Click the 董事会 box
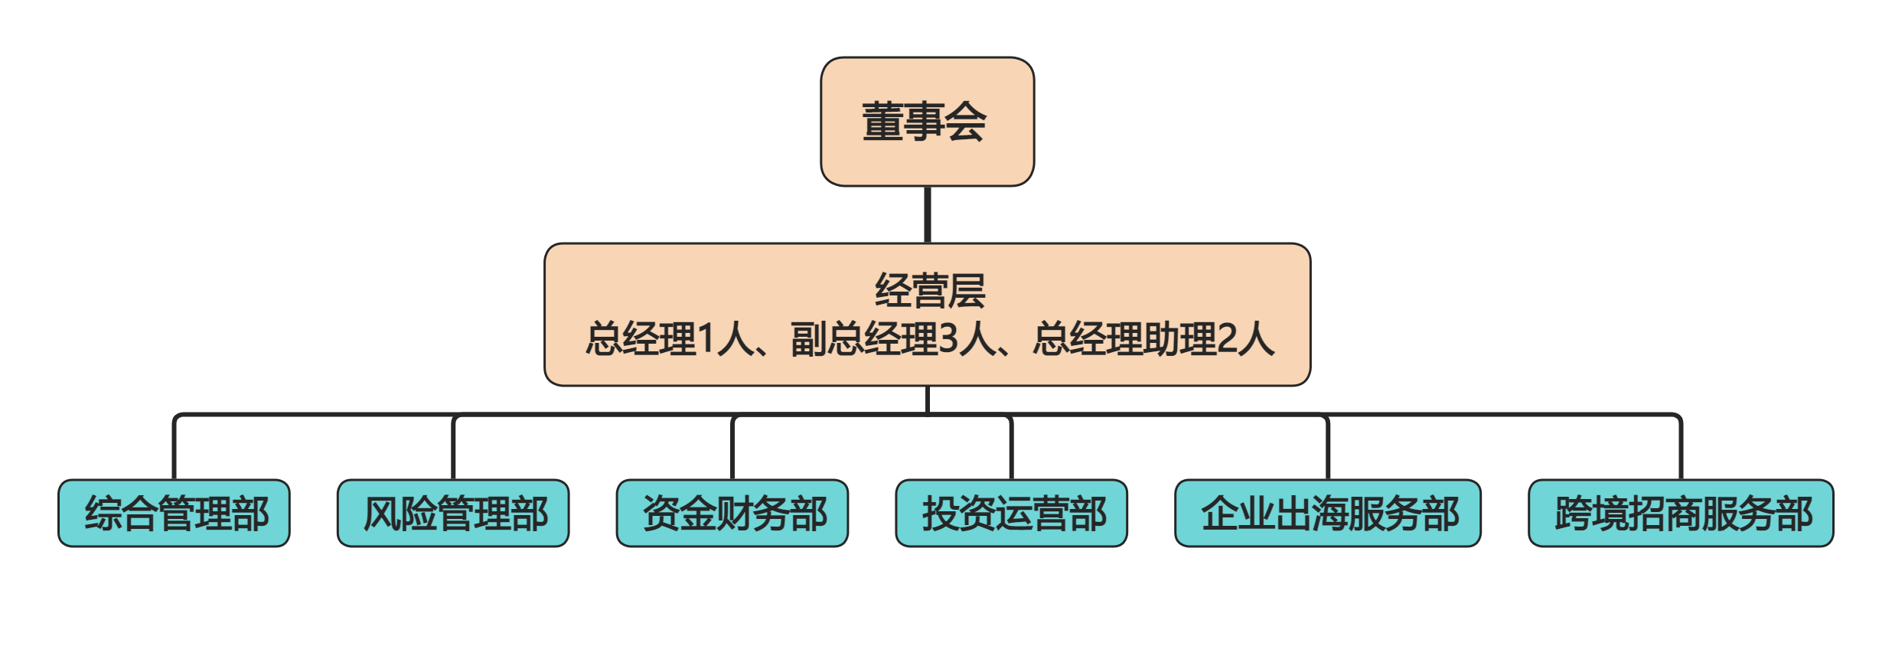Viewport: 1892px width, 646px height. tap(927, 122)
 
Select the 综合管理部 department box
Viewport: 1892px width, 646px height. tap(174, 513)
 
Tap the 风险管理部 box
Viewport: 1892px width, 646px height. tap(453, 513)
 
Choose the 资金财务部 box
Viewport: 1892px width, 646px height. tap(732, 513)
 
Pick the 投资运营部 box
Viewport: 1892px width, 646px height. tap(1011, 513)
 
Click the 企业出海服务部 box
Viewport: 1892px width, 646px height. tap(1328, 513)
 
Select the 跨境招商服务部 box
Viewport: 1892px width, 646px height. tap(1681, 513)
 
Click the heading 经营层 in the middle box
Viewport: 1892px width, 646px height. tap(929, 291)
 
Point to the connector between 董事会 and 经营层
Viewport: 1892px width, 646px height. tap(928, 214)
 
